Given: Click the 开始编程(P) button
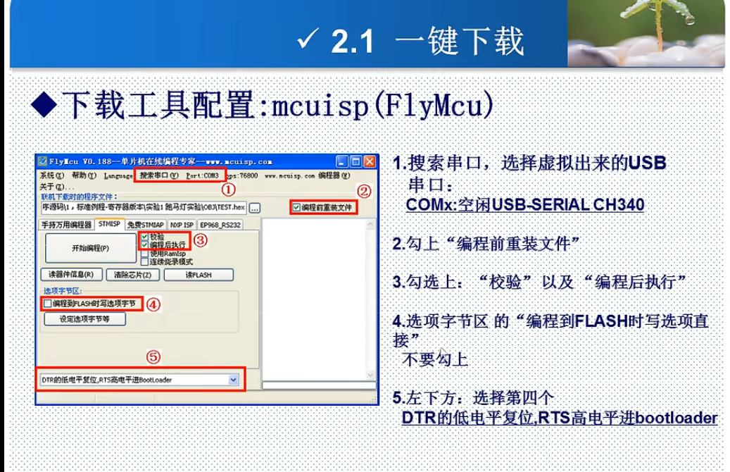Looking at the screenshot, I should pyautogui.click(x=90, y=248).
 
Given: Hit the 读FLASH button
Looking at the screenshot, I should pyautogui.click(x=198, y=274).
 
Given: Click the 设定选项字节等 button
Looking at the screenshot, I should pyautogui.click(x=84, y=318).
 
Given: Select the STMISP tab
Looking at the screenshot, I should pyautogui.click(x=109, y=225).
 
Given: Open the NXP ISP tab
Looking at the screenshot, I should pyautogui.click(x=182, y=225).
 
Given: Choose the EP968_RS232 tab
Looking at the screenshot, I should pyautogui.click(x=220, y=225).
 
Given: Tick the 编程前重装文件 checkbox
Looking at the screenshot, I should pyautogui.click(x=296, y=208).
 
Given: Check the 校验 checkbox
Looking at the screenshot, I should pyautogui.click(x=144, y=237).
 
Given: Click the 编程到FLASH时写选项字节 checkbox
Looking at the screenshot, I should pyautogui.click(x=47, y=304).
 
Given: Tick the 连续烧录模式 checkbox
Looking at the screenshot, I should pyautogui.click(x=144, y=261).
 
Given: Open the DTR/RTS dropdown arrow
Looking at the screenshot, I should pyautogui.click(x=234, y=380).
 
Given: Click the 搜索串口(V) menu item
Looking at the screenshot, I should pyautogui.click(x=159, y=175).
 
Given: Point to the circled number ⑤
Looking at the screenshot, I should pyautogui.click(x=153, y=357).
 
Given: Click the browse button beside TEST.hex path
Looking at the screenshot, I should pyautogui.click(x=254, y=208).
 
